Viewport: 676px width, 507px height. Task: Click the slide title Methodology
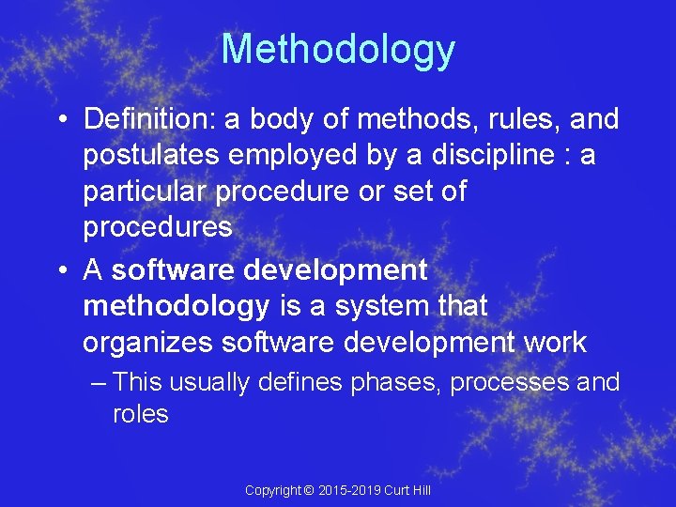tap(338, 50)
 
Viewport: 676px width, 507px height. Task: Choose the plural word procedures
tap(157, 227)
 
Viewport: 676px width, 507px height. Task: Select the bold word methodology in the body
tap(176, 306)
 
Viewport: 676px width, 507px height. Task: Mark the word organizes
tap(147, 343)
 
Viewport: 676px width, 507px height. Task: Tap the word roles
tap(140, 414)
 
